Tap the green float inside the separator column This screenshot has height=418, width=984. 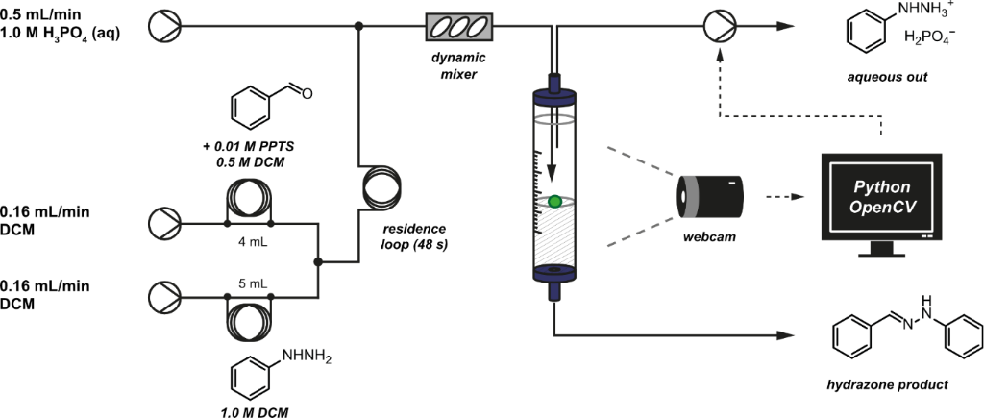tap(555, 202)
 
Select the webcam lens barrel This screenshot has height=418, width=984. tap(708, 197)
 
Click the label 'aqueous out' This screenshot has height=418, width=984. tap(888, 77)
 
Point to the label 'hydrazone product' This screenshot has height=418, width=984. tap(888, 385)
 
